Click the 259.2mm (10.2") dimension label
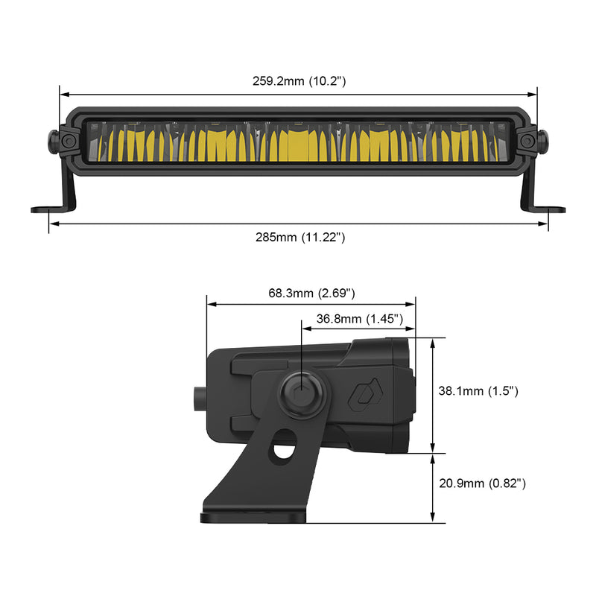click(299, 81)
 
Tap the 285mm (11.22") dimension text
click(299, 237)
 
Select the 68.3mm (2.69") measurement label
click(311, 293)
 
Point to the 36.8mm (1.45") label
click(360, 319)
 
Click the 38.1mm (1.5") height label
click(478, 390)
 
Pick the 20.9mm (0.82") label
click(482, 484)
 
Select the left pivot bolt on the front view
click(67, 141)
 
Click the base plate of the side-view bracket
click(253, 516)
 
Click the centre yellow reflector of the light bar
click(298, 144)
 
